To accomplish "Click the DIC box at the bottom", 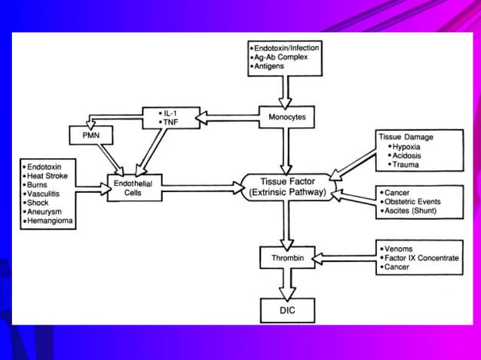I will click(286, 310).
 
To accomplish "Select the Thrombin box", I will click(286, 258).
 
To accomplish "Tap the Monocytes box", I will click(286, 117).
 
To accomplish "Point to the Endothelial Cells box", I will click(134, 188).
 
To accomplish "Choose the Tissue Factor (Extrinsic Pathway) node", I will click(286, 187).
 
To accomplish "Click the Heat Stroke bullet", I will click(47, 173).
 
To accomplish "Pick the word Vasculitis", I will click(45, 193).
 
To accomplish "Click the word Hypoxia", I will click(409, 146).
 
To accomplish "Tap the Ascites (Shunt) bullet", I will click(410, 211).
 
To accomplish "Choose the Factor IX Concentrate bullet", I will click(421, 258).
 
